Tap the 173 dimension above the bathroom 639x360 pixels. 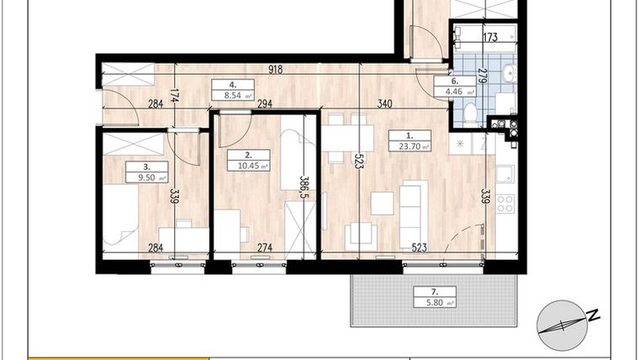click(x=491, y=37)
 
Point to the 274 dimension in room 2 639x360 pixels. click(x=265, y=247)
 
